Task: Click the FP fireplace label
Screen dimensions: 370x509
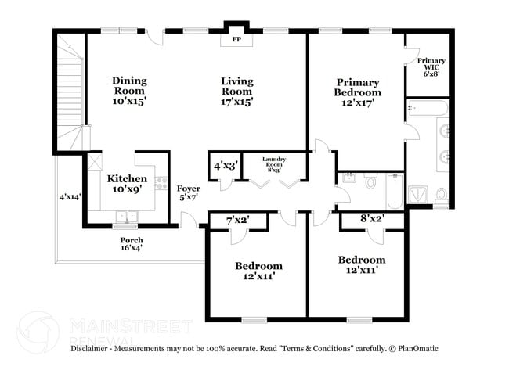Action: (x=236, y=38)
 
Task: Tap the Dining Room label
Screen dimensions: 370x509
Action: (x=130, y=91)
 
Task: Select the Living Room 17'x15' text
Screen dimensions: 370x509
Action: (x=236, y=91)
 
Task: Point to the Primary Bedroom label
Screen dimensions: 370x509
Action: (x=358, y=92)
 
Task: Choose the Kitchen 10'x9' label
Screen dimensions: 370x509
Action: (x=127, y=184)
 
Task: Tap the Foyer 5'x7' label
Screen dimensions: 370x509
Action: (x=188, y=193)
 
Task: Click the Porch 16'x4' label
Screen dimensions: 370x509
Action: (x=131, y=244)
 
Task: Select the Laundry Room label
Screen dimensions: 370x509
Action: (x=274, y=163)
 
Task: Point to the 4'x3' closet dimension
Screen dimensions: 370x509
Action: (x=227, y=166)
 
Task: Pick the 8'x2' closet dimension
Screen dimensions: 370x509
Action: (x=372, y=220)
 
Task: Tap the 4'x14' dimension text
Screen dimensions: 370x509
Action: (x=70, y=197)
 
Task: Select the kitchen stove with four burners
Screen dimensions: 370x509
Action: (x=161, y=184)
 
